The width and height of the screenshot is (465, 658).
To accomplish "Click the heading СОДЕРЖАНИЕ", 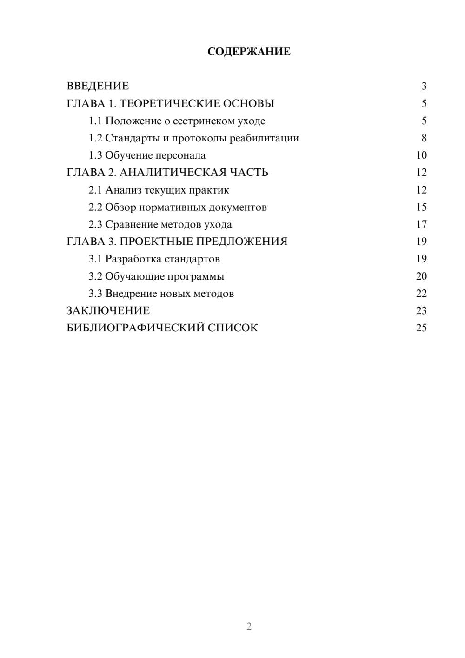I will pyautogui.click(x=249, y=52).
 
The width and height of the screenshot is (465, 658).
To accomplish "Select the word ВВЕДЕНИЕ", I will pyautogui.click(x=98, y=86).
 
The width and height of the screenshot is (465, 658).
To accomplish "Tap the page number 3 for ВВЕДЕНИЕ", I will pyautogui.click(x=424, y=86).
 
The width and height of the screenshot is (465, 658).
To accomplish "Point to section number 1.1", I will pyautogui.click(x=95, y=121).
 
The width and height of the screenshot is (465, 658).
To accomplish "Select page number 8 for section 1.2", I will pyautogui.click(x=424, y=138).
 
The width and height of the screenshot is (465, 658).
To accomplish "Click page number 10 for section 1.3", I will pyautogui.click(x=421, y=155).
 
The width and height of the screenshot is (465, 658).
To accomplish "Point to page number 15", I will pyautogui.click(x=421, y=207).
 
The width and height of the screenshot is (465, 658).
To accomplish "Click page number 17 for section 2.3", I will pyautogui.click(x=421, y=225).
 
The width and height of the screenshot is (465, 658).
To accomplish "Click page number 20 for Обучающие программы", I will pyautogui.click(x=421, y=276).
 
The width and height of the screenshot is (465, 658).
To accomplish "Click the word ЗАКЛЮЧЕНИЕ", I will pyautogui.click(x=108, y=311).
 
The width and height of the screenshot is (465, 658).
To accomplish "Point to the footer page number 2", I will pyautogui.click(x=249, y=626).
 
